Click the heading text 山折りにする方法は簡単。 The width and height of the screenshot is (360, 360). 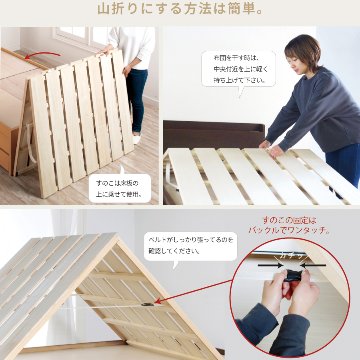[180, 11]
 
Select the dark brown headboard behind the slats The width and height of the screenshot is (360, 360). [205, 135]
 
